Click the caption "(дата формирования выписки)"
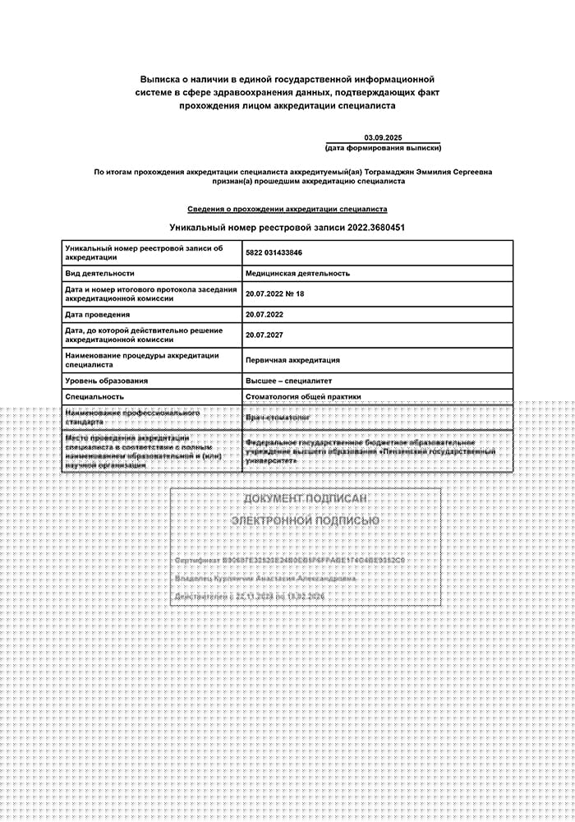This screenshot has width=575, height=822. pos(383,148)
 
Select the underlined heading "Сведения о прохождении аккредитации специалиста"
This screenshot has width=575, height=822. pos(287,210)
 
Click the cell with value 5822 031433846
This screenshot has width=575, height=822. pos(274,252)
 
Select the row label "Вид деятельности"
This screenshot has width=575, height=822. pos(99,273)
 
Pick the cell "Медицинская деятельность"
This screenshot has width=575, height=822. pos(297,273)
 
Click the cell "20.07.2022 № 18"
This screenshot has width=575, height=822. pos(274,293)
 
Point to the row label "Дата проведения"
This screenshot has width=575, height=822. pos(97,314)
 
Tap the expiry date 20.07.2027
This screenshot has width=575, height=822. pos(264,335)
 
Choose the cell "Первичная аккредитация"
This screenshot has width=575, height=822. pos(292,360)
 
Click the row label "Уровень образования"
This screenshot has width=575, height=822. pos(107,381)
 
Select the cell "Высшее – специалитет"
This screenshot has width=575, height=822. pos(289,381)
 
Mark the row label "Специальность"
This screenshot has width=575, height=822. pos(94,396)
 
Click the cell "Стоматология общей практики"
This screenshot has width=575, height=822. pos(303,396)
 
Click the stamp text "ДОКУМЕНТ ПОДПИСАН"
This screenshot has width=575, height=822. pos(305,499)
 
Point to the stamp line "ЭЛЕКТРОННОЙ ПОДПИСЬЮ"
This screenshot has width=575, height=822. pos(305,521)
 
